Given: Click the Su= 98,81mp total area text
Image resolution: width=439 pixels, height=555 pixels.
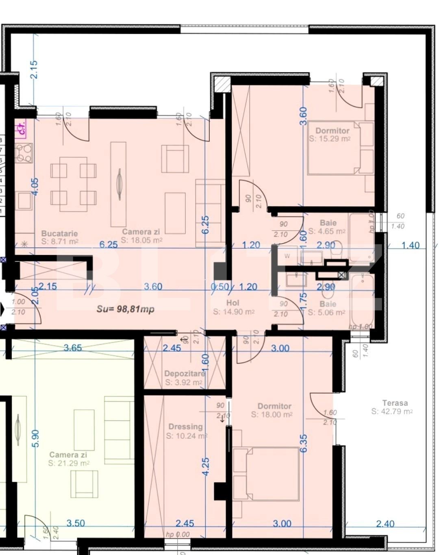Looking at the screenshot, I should [125, 309].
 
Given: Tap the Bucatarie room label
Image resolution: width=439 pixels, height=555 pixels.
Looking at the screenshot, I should [59, 237].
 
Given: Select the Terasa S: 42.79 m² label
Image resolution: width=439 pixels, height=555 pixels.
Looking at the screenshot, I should [392, 407].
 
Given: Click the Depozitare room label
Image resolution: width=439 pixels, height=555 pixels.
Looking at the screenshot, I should [184, 378].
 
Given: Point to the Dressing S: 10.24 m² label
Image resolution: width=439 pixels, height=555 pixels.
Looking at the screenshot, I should [186, 431].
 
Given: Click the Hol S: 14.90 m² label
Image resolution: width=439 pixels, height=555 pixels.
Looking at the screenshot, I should [233, 307].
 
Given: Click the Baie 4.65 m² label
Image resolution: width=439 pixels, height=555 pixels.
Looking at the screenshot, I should [327, 227].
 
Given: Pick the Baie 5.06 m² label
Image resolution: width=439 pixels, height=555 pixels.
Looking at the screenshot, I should [327, 308].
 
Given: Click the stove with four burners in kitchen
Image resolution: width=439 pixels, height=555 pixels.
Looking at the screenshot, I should [24, 153].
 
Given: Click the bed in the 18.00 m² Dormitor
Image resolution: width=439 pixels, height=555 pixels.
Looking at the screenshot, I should [266, 473].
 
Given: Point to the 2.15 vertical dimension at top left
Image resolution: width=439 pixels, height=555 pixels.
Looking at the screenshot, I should [34, 69].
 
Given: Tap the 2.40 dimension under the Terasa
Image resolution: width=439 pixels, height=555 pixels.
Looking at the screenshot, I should [385, 523].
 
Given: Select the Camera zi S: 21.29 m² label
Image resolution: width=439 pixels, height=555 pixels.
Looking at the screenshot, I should [68, 459].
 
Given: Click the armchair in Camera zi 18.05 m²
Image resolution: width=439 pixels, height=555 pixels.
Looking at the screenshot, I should [175, 159].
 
